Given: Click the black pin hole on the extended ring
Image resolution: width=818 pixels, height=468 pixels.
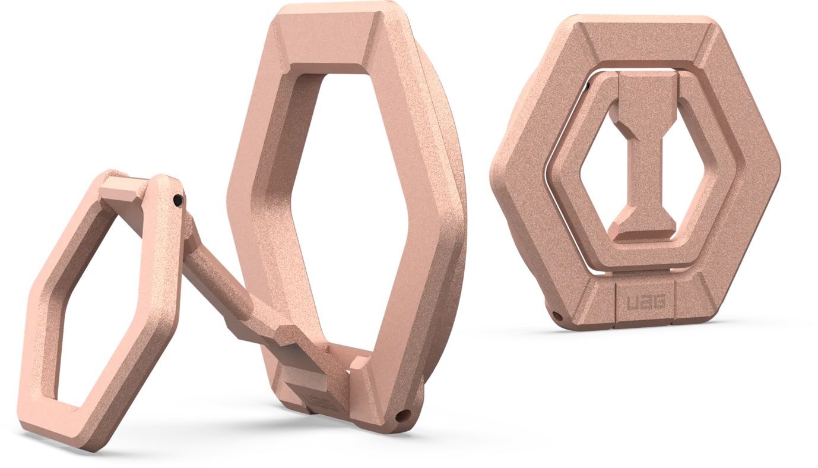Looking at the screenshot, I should [177, 202].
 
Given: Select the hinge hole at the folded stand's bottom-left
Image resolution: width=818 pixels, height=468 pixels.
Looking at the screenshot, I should [556, 314].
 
